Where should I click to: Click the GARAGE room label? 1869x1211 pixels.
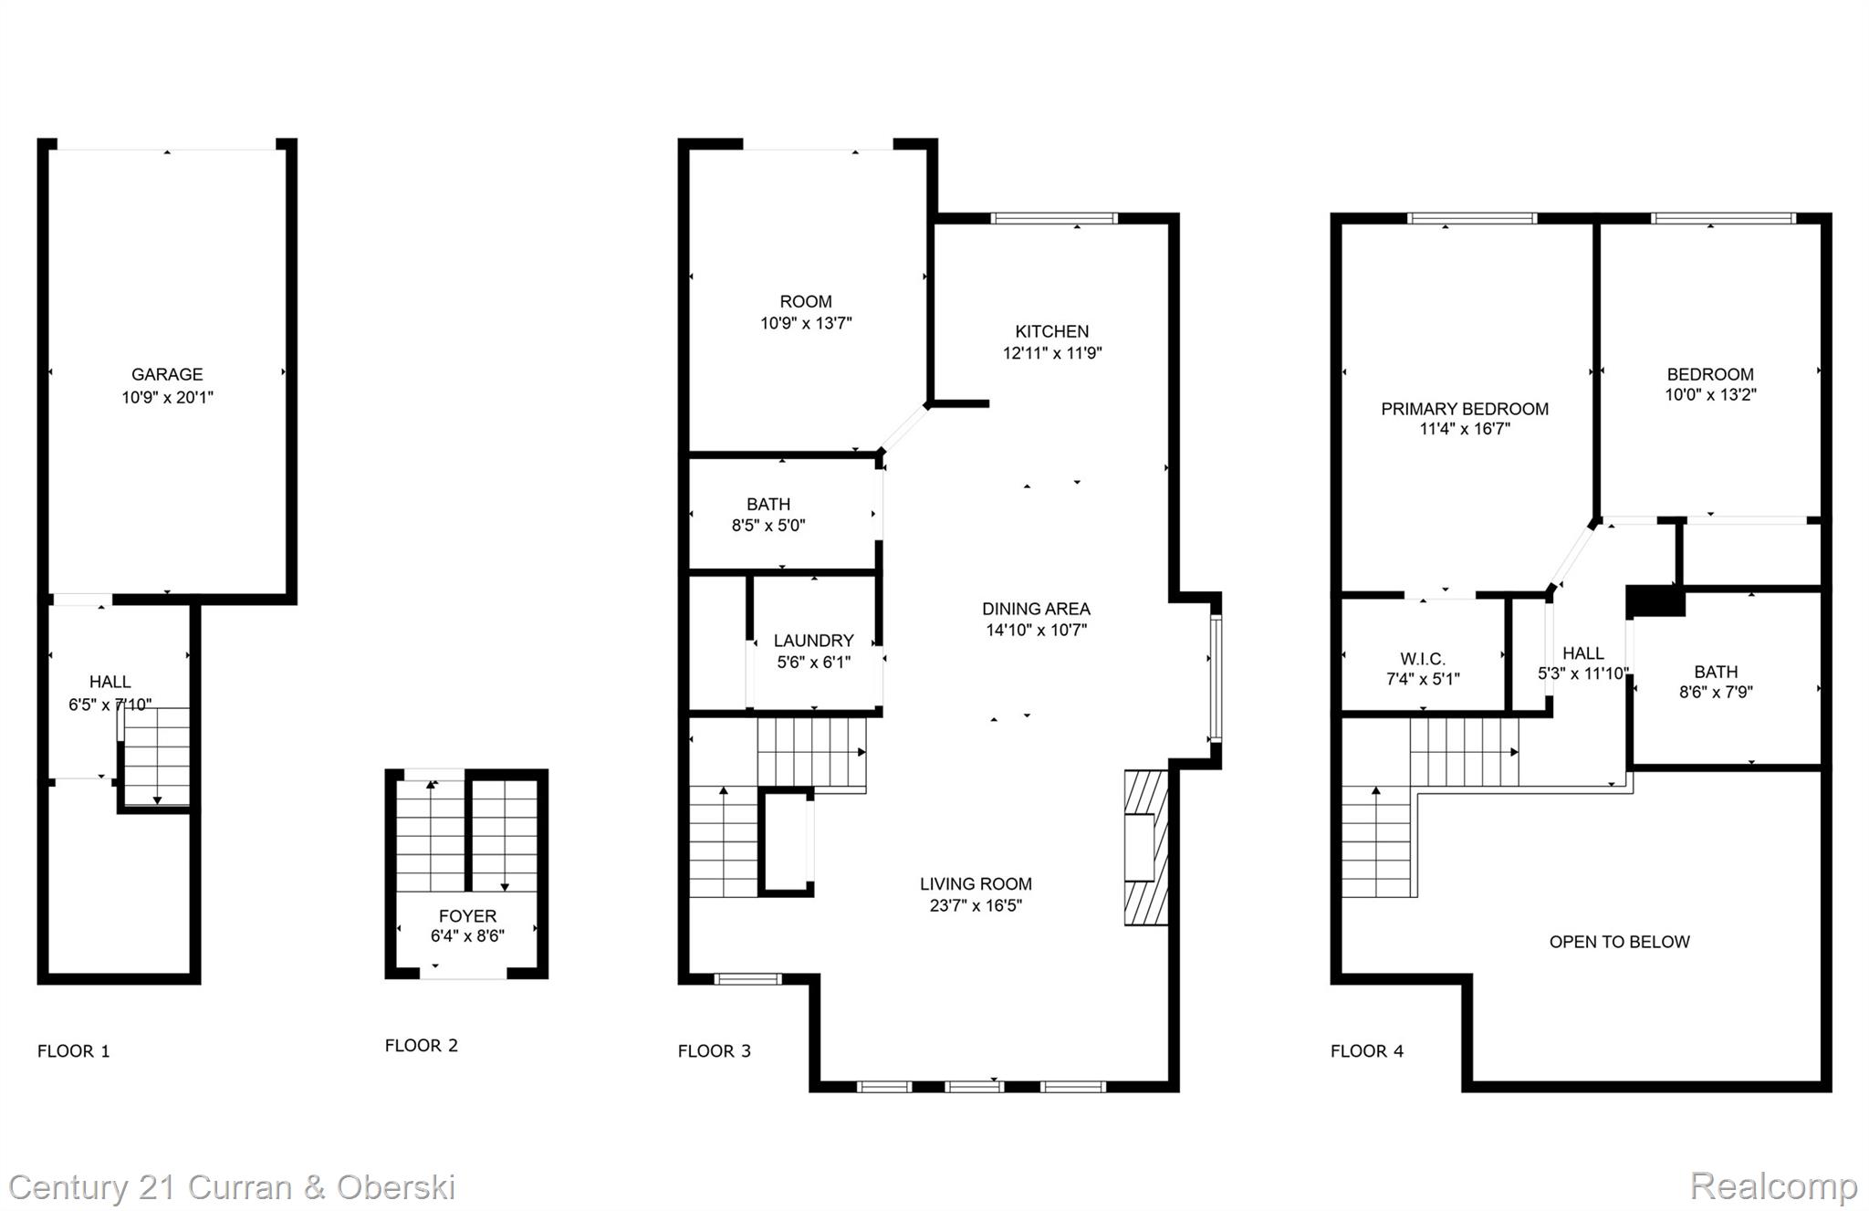point(167,374)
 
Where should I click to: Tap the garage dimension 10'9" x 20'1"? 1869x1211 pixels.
point(167,397)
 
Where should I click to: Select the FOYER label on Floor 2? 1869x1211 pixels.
point(467,915)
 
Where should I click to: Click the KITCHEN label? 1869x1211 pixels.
point(1051,331)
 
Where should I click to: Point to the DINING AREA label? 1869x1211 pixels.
point(1036,609)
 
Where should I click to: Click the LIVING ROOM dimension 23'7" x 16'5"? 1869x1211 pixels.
point(976,905)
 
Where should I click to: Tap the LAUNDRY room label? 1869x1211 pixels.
point(813,641)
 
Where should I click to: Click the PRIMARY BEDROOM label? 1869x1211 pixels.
point(1464,409)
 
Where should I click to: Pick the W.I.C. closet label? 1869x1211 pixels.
point(1422,659)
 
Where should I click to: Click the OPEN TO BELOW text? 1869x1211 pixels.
point(1619,942)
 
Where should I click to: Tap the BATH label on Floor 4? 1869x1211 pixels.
point(1715,672)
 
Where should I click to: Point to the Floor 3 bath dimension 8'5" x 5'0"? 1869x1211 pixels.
point(768,526)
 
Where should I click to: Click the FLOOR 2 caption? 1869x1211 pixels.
point(421,1046)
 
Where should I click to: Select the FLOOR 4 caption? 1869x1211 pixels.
point(1366,1051)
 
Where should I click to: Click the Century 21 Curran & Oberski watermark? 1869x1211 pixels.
point(232,1187)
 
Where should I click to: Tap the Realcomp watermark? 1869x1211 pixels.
point(1772,1186)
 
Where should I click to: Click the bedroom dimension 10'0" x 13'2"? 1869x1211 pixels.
point(1709,395)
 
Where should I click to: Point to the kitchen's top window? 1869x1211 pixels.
point(1054,218)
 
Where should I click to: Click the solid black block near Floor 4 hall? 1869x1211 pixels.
point(1655,601)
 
